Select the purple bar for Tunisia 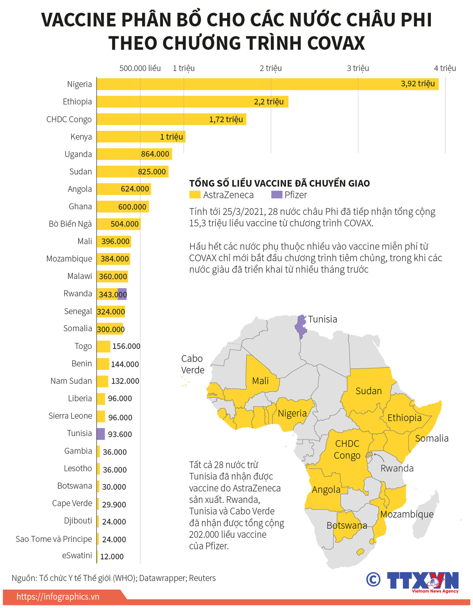(x=101, y=433)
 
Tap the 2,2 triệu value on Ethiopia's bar (x=269, y=102)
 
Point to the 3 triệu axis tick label (x=358, y=68)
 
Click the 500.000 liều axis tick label (x=140, y=68)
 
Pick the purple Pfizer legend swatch (x=277, y=195)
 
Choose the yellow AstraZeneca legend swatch (x=195, y=195)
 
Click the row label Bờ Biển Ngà (x=70, y=224)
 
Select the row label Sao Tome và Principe (x=54, y=539)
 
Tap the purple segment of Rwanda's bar (x=122, y=294)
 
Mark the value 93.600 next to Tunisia (x=120, y=434)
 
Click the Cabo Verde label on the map (x=192, y=364)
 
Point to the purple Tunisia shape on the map (x=301, y=326)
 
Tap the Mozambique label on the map (x=407, y=514)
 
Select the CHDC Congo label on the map (x=347, y=449)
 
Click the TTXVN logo (x=422, y=581)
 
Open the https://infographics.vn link (x=58, y=597)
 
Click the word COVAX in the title (x=335, y=43)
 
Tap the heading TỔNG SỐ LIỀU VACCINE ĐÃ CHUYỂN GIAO (x=279, y=183)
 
